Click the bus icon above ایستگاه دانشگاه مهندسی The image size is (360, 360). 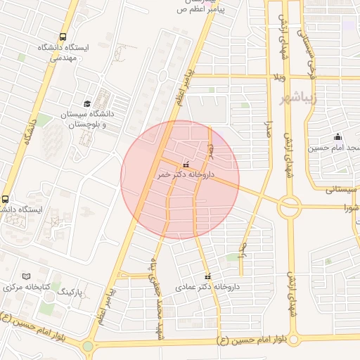click(63, 37)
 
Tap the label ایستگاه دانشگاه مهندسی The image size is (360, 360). click(65, 53)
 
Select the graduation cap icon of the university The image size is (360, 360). click(87, 103)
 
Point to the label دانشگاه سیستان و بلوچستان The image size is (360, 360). click(87, 119)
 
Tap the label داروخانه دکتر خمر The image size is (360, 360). click(186, 172)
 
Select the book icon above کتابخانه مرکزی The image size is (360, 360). click(27, 276)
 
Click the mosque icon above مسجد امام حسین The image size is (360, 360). click(337, 136)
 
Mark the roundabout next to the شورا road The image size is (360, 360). click(288, 207)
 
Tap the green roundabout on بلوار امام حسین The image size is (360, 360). click(87, 346)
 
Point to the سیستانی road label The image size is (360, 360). click(342, 189)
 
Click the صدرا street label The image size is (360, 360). click(268, 133)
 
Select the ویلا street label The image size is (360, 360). click(279, 75)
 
